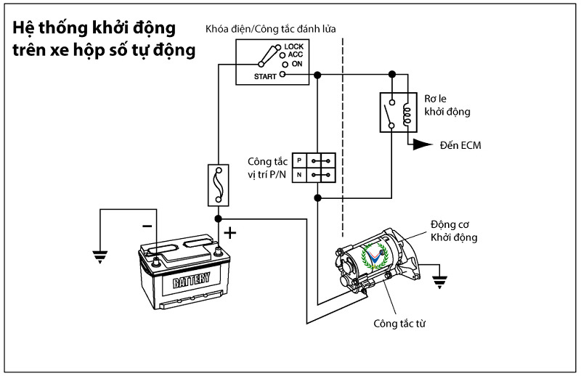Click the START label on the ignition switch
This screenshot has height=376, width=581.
264,75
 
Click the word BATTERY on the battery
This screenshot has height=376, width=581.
192,280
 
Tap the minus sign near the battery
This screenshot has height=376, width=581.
147,226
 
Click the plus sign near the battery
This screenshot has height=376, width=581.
231,233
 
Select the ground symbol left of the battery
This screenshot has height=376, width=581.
99,255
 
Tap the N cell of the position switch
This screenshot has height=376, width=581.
298,175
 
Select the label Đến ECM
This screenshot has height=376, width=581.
460,145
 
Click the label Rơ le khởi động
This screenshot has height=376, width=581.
447,105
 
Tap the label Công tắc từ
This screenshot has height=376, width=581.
399,323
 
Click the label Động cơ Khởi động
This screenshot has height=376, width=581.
454,230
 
